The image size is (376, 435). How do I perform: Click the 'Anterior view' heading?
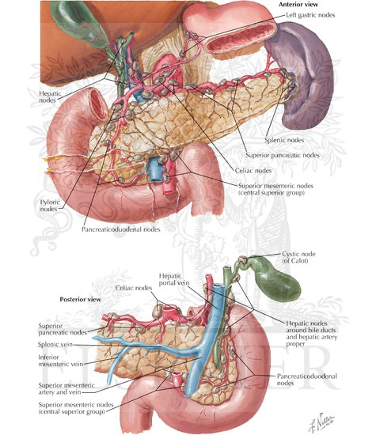pos(298,4)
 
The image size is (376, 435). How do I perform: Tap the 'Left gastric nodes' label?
pos(310,15)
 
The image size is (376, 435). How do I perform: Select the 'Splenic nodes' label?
pos(284,140)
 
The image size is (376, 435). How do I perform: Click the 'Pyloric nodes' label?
pos(50,206)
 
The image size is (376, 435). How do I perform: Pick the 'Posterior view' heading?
pos(81,299)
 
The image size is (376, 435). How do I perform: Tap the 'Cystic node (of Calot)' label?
pos(298,257)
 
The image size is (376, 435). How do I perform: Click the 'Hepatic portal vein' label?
pos(174,279)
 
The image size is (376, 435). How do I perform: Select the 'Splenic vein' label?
pos(55,344)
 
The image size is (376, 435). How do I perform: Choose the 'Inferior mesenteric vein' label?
pos(60,361)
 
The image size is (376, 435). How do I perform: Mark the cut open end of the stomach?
pos(239,36)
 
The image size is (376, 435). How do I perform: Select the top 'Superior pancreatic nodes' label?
pos(283,155)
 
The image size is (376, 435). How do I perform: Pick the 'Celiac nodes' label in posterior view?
pos(134,288)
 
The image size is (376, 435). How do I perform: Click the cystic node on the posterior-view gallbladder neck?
pos(243,259)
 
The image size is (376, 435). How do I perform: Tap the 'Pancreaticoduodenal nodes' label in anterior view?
pos(121,229)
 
